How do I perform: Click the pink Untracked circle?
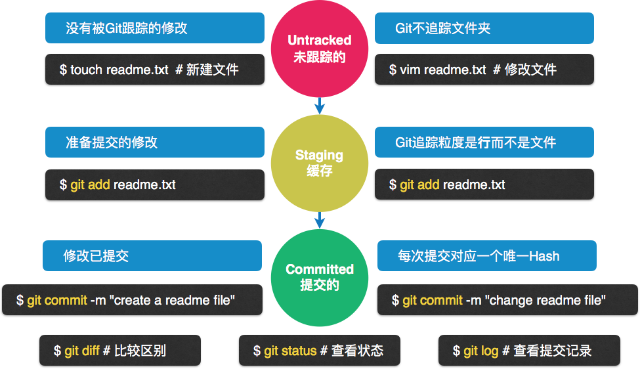coord(320,49)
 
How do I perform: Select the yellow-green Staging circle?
coord(320,163)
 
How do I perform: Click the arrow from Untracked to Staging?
coord(320,104)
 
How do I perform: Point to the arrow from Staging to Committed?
coord(320,220)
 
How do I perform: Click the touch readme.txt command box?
coord(155,69)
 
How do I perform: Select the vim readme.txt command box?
coord(484,69)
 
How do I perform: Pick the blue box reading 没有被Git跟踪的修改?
coord(155,28)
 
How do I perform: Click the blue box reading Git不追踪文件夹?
coord(484,28)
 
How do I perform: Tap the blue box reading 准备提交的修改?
coord(155,142)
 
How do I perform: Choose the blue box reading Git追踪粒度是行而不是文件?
coord(484,142)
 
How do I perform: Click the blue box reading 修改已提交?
coord(152,256)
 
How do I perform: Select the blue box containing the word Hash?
coord(487,256)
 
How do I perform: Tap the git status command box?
coord(319,351)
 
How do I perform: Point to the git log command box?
coord(529,351)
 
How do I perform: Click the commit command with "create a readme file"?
coord(133,300)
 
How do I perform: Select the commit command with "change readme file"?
coord(507,300)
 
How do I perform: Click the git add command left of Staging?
coord(155,185)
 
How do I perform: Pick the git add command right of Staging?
coord(484,185)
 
